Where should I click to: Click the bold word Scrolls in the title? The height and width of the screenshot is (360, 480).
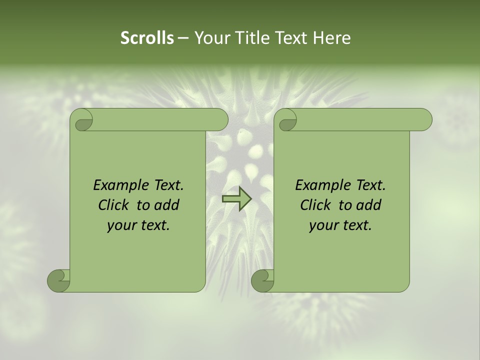(x=147, y=38)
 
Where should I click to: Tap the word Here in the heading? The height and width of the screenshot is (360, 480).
(x=331, y=38)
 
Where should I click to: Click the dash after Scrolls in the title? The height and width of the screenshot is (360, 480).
(x=183, y=38)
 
